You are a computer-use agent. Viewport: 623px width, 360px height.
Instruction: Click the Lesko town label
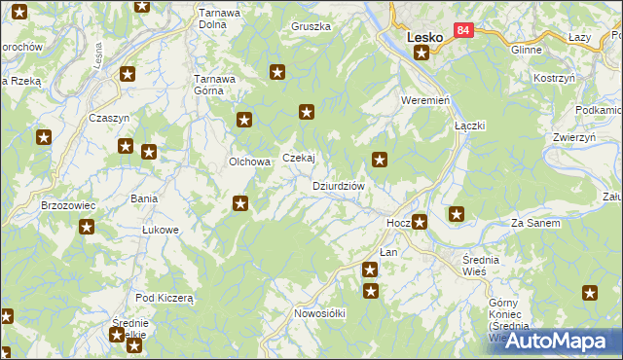click(x=423, y=37)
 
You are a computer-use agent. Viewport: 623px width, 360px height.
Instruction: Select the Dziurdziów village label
click(x=338, y=186)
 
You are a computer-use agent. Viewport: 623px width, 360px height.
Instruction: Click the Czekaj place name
click(x=299, y=159)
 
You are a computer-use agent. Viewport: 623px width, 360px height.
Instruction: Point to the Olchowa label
click(x=247, y=162)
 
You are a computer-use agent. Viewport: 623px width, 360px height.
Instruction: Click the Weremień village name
click(x=423, y=101)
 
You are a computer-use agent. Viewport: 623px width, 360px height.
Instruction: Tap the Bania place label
click(x=144, y=198)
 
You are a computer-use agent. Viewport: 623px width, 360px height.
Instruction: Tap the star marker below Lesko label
click(x=421, y=53)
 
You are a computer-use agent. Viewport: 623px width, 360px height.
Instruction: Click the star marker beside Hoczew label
click(x=420, y=222)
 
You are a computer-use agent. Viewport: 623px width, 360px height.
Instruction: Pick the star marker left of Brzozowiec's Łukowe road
click(x=86, y=228)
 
